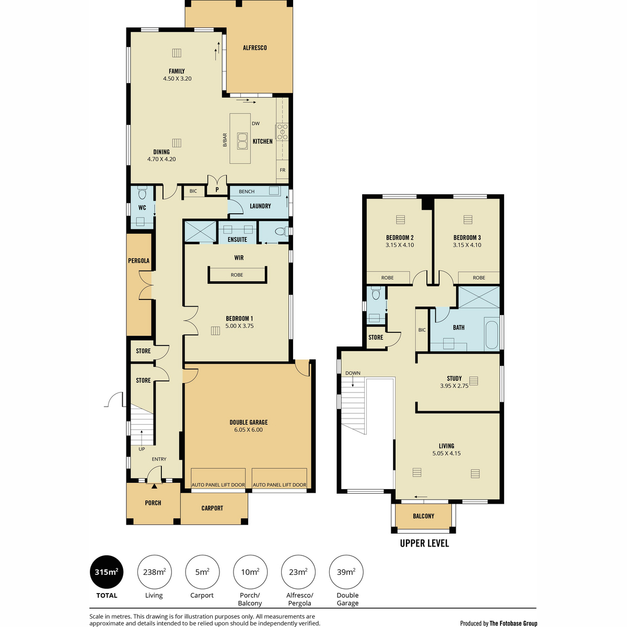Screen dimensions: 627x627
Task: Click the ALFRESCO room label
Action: click(x=255, y=48)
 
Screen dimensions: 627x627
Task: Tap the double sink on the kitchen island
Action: click(x=241, y=141)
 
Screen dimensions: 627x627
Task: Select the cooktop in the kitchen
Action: click(x=282, y=132)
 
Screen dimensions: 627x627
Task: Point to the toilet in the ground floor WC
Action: click(x=142, y=193)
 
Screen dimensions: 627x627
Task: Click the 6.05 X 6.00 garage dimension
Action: click(x=248, y=429)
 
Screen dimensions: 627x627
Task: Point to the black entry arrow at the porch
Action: click(x=154, y=486)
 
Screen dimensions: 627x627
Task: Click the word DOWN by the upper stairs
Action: click(x=353, y=373)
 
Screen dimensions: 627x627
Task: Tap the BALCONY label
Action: click(x=423, y=516)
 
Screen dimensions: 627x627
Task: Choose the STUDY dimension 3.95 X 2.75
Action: click(x=454, y=386)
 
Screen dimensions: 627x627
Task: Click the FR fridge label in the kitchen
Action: click(x=283, y=170)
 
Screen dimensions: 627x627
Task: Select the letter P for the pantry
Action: click(x=217, y=190)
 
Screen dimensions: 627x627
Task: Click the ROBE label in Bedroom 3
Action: click(x=479, y=277)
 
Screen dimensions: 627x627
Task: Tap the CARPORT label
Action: click(x=212, y=508)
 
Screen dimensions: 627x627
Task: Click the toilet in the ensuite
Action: click(x=281, y=231)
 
